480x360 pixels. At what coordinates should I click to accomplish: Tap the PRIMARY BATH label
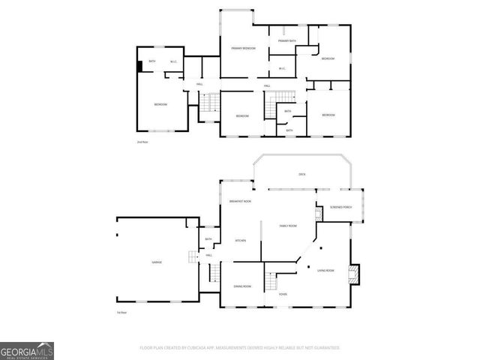[x=287, y=40]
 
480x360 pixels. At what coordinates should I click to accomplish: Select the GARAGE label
[x=157, y=262]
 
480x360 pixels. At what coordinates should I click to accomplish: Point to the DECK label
[x=302, y=174]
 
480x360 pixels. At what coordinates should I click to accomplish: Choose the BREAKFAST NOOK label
[x=240, y=201]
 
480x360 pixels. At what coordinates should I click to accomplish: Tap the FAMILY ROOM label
[x=288, y=225]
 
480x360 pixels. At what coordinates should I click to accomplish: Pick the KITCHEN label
[x=241, y=241]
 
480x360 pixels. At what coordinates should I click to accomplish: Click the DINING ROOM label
[x=242, y=286]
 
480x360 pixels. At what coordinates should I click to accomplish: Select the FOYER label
[x=283, y=294]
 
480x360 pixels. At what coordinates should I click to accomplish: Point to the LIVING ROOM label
[x=325, y=270]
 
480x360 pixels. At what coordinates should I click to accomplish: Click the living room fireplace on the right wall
[x=355, y=274]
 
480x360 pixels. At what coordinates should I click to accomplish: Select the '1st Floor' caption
[x=120, y=311]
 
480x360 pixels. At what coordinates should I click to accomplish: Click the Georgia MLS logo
[x=27, y=351]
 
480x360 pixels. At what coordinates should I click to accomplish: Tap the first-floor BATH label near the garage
[x=208, y=240]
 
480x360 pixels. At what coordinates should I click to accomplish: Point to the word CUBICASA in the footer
[x=193, y=348]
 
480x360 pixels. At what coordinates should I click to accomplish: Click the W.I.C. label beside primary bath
[x=282, y=69]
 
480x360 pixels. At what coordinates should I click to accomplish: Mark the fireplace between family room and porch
[x=318, y=214]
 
